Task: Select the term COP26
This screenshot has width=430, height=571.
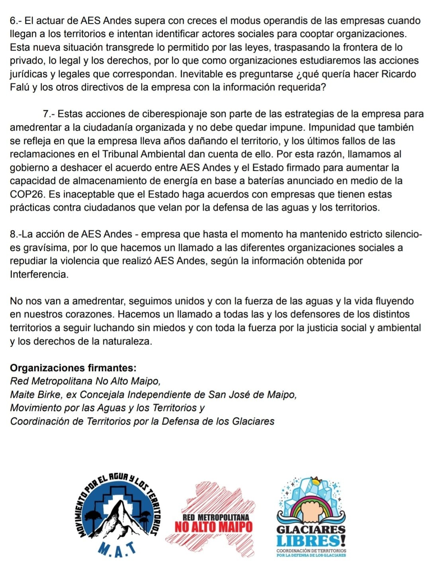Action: tap(26, 194)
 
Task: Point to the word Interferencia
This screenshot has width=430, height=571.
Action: tap(39, 274)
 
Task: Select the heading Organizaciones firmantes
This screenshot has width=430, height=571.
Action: tap(73, 368)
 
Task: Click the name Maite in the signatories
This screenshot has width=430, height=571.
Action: tap(22, 395)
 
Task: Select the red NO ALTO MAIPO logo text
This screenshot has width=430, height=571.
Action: tap(214, 527)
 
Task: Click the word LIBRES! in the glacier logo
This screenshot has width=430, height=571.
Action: tap(311, 541)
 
